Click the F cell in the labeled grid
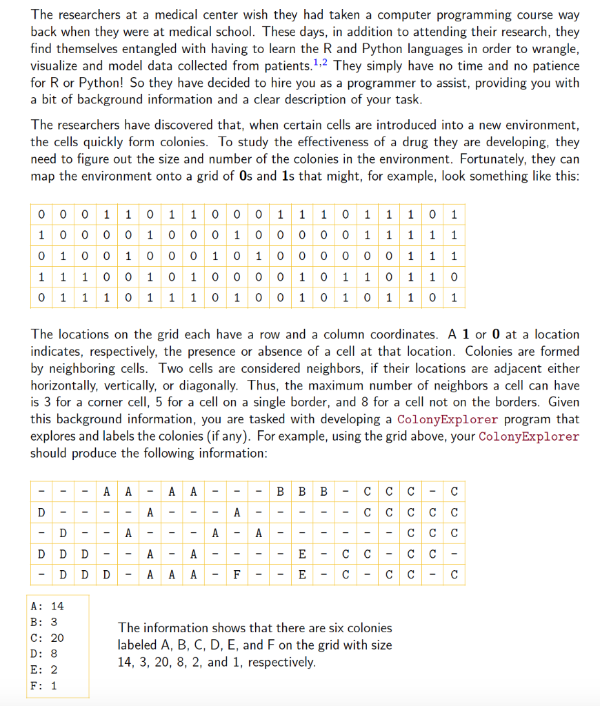pos(237,575)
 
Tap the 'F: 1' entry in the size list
pos(45,685)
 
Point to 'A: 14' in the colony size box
pos(48,606)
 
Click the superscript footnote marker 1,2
pos(321,62)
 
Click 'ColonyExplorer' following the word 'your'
pos(528,436)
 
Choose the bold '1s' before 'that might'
pos(290,176)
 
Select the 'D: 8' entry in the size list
pos(45,654)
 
